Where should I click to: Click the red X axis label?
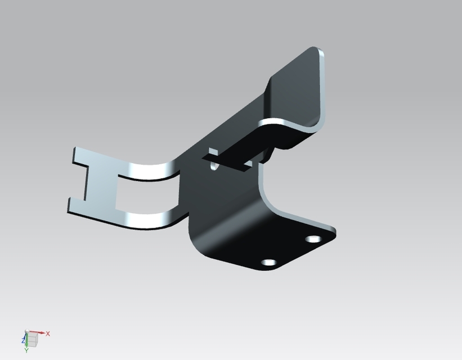(x=48, y=334)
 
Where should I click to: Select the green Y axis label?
(x=26, y=350)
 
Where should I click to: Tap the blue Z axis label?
(x=23, y=340)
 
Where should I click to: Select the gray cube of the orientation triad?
(x=33, y=339)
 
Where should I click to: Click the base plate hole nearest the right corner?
(x=313, y=239)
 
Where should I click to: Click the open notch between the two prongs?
(x=76, y=181)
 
